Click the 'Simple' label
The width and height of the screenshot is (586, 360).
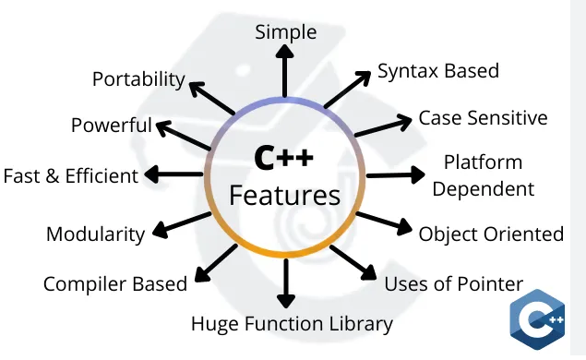coord(286,32)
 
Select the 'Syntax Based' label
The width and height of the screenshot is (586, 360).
coord(438,71)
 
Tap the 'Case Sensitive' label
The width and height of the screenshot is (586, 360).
coord(483,118)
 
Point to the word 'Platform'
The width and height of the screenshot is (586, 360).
coord(483,162)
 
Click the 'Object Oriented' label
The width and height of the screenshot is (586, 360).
coord(491,234)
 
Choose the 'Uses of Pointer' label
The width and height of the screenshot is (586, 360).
coord(454,283)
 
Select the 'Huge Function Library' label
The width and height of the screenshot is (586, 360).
coord(292,324)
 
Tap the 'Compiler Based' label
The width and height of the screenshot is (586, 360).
coord(115,284)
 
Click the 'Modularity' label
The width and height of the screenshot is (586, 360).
coord(95,234)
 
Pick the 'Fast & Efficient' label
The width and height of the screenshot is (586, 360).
coord(71,176)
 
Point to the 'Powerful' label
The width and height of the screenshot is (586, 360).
coord(112,125)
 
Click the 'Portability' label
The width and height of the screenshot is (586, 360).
coord(138,79)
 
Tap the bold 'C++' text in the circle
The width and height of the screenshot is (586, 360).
coord(283,158)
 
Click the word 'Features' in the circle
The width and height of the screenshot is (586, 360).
coord(285,196)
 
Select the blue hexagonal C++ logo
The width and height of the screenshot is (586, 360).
coord(537,319)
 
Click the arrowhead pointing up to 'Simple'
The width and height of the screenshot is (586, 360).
coord(285,52)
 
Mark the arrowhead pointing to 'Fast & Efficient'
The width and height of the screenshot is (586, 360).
coord(151,174)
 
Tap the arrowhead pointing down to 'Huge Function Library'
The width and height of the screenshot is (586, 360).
coord(286,301)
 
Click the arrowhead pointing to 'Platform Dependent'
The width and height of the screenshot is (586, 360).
coord(418,175)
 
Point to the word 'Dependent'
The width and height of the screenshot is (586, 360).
coord(484,189)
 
